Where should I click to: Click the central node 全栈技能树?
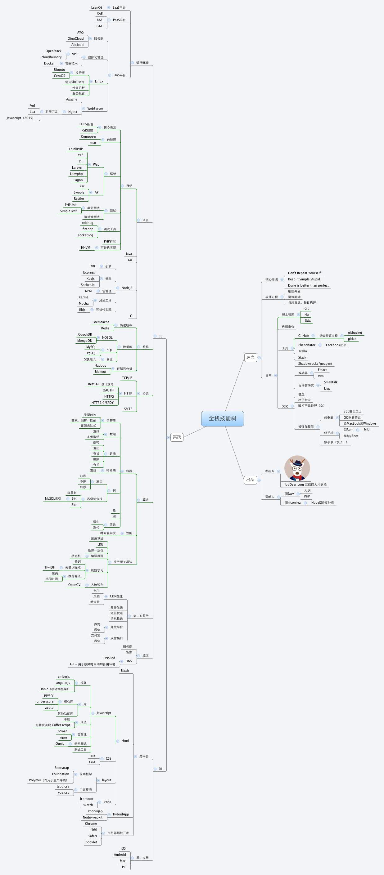click(222, 418)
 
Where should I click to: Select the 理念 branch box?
click(251, 357)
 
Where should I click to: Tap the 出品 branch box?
click(251, 480)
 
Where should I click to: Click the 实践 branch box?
click(177, 437)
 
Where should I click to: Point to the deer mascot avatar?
click(297, 468)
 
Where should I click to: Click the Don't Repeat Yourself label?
click(304, 273)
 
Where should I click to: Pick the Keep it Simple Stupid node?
click(304, 279)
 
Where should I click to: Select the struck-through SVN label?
click(307, 321)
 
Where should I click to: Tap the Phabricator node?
click(306, 345)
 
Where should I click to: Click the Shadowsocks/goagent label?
click(315, 364)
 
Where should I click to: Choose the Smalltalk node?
click(331, 382)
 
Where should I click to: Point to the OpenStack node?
click(53, 51)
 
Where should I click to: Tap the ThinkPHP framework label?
click(75, 149)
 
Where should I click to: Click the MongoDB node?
click(84, 341)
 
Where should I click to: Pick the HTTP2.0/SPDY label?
click(102, 403)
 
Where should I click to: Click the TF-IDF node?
click(49, 567)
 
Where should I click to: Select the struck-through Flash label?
click(125, 670)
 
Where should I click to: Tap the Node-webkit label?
click(93, 817)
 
